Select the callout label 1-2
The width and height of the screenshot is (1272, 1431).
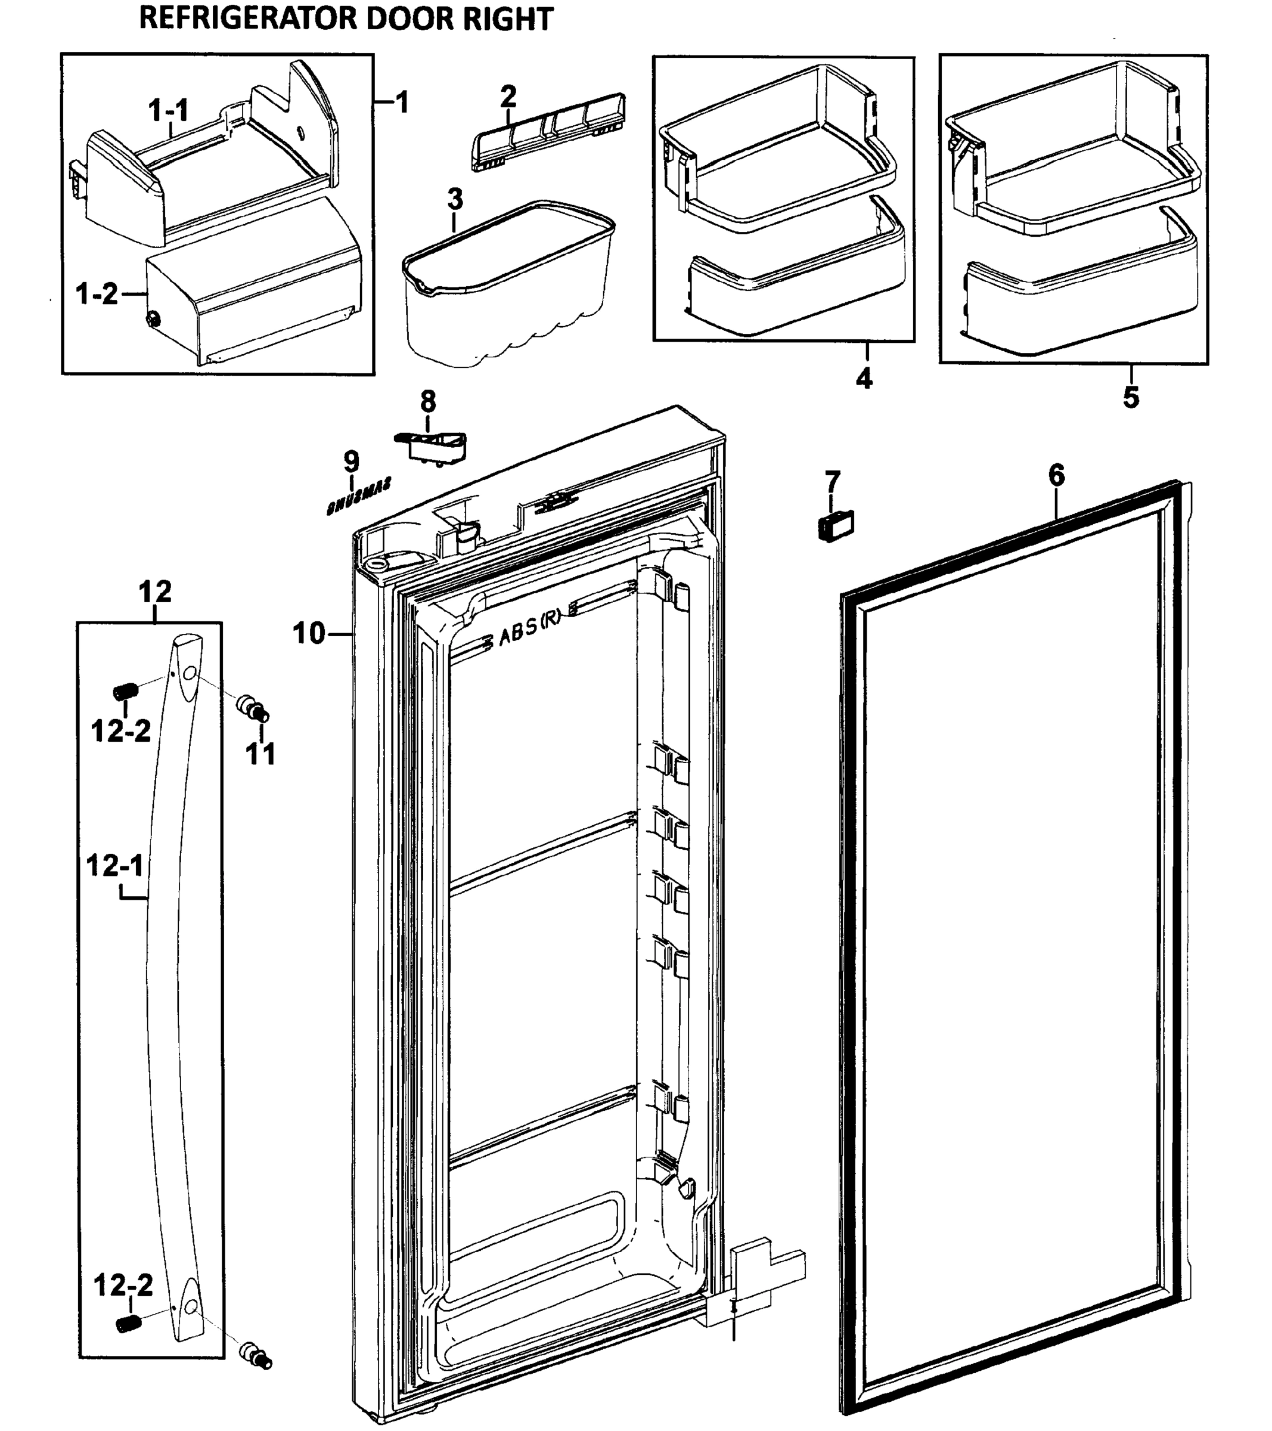pyautogui.click(x=97, y=294)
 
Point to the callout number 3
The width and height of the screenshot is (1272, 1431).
pyautogui.click(x=455, y=200)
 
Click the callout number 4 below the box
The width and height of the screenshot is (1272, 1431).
pyautogui.click(x=864, y=379)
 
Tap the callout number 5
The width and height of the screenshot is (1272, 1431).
pyautogui.click(x=1131, y=397)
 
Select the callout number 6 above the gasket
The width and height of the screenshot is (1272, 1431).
pyautogui.click(x=1056, y=475)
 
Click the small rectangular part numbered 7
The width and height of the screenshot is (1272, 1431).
pyautogui.click(x=836, y=526)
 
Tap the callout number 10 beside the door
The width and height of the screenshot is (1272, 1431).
pyautogui.click(x=309, y=634)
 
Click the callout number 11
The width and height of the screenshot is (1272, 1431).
pyautogui.click(x=260, y=755)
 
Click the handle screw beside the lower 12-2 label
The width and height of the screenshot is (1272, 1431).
pyautogui.click(x=127, y=1323)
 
